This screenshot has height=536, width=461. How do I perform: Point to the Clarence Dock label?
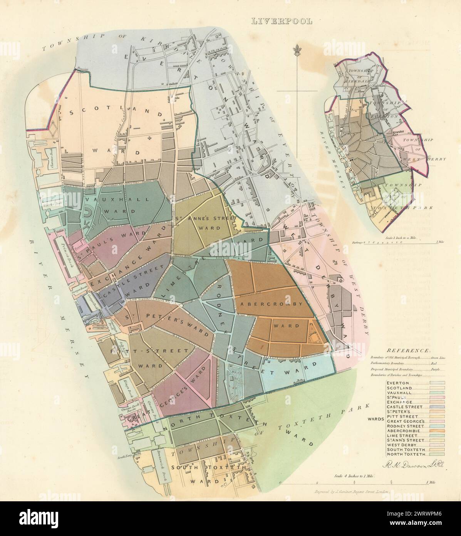point(50,158)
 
